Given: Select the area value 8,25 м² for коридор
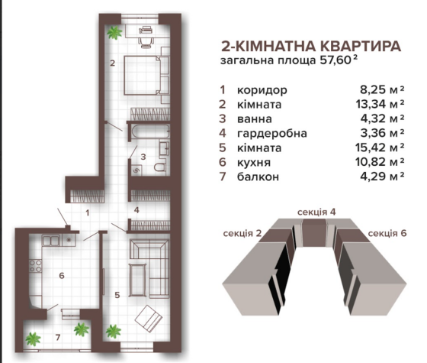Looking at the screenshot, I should pyautogui.click(x=382, y=90).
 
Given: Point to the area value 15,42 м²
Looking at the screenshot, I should pyautogui.click(x=382, y=147).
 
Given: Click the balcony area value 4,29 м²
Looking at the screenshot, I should pyautogui.click(x=382, y=177).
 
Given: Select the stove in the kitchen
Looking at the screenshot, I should pyautogui.click(x=34, y=269).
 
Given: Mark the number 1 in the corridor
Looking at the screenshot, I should pyautogui.click(x=88, y=213).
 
